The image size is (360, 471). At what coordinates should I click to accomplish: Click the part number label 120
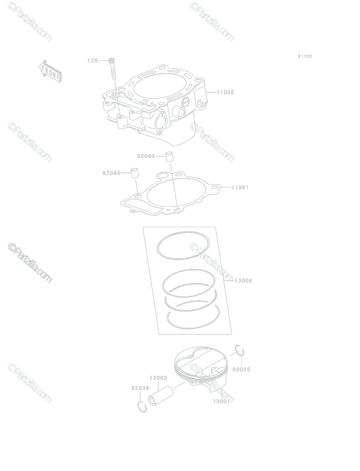coord(93,60)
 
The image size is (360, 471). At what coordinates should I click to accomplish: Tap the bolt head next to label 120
coord(111,60)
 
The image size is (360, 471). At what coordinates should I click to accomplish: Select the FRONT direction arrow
coord(50,71)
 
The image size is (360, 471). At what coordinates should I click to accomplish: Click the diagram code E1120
coord(305,57)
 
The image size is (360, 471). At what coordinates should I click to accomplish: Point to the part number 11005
coord(225,92)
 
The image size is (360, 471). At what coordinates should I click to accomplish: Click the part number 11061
coord(239,188)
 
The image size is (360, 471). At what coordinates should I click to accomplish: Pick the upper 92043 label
coord(146,156)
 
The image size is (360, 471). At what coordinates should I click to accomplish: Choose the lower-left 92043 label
coord(111,173)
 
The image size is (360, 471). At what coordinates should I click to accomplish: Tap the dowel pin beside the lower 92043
coord(135,173)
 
